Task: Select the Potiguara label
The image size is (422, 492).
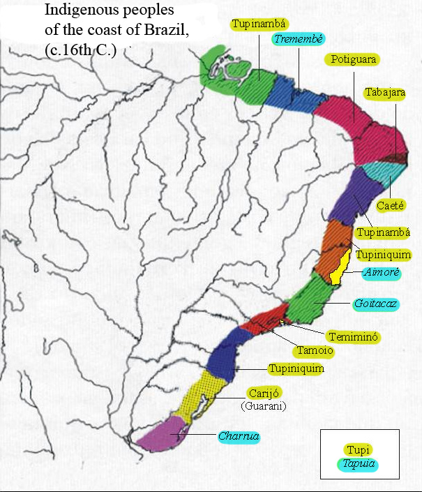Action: [354, 59]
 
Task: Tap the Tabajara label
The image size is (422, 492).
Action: [384, 92]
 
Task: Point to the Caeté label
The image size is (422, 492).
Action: [388, 206]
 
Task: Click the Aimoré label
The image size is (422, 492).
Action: [381, 273]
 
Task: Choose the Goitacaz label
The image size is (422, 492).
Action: [376, 305]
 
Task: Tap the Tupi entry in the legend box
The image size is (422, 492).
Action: [359, 450]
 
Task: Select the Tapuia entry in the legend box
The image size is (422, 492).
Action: [359, 463]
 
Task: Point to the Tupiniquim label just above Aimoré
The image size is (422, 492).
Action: [383, 255]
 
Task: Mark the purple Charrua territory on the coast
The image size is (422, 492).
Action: [162, 436]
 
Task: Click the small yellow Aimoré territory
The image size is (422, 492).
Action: [338, 269]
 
